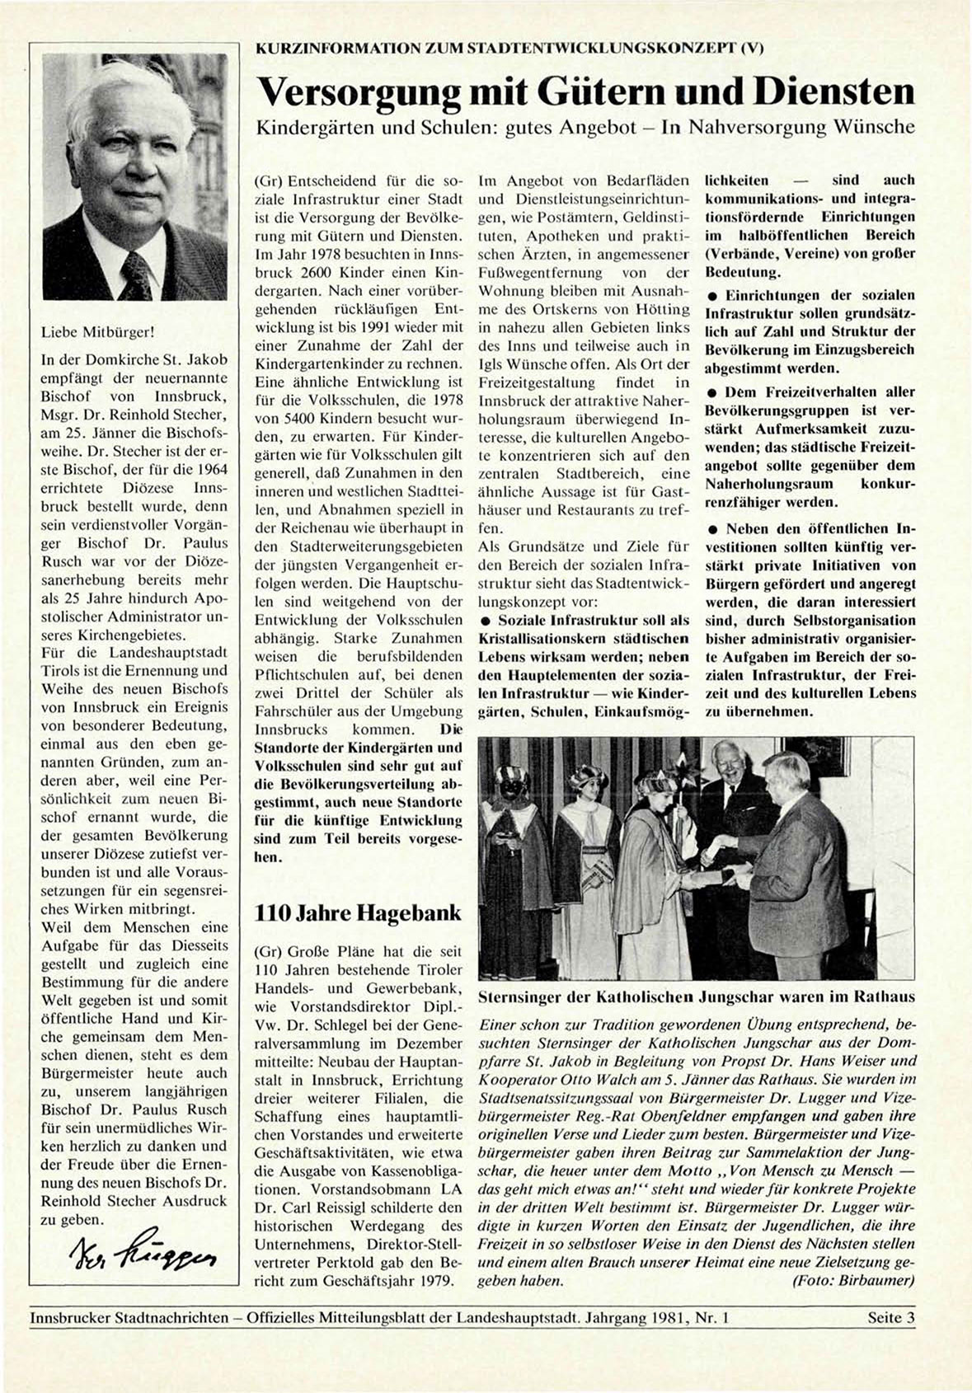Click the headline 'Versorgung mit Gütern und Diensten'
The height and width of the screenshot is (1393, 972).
click(586, 91)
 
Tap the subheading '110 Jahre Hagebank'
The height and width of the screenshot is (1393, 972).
click(358, 912)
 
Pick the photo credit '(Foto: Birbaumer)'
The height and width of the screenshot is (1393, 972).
click(853, 1280)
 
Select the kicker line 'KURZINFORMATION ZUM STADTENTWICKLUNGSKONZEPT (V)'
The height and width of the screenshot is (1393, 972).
click(510, 49)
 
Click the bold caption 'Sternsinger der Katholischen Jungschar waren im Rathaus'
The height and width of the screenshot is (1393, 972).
click(697, 997)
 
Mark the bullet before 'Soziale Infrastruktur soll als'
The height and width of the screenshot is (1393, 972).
click(486, 621)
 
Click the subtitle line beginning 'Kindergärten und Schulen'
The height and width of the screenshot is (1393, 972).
click(585, 128)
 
